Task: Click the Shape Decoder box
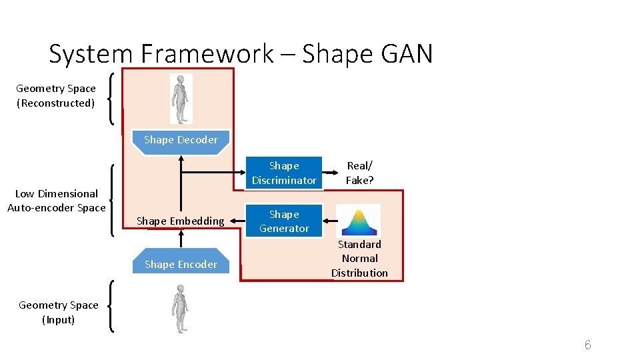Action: [x=181, y=141]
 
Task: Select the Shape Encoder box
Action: [x=181, y=265]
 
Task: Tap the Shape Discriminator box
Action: [x=284, y=173]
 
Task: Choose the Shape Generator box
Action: [x=284, y=221]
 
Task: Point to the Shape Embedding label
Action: [x=180, y=221]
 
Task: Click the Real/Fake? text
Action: [x=359, y=173]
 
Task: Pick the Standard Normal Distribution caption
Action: [x=359, y=259]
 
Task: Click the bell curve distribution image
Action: [x=358, y=221]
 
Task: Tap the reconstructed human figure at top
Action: [x=181, y=98]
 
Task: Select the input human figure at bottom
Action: [x=180, y=308]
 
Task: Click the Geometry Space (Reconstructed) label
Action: [x=56, y=96]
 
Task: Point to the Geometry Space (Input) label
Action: [x=59, y=312]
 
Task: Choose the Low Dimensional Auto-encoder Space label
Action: [x=57, y=201]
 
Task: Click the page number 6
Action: [x=587, y=345]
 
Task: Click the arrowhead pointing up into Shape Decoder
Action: [x=181, y=158]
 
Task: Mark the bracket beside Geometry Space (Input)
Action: [x=110, y=306]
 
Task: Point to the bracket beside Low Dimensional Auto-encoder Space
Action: [x=111, y=201]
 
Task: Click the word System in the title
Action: [x=85, y=54]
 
